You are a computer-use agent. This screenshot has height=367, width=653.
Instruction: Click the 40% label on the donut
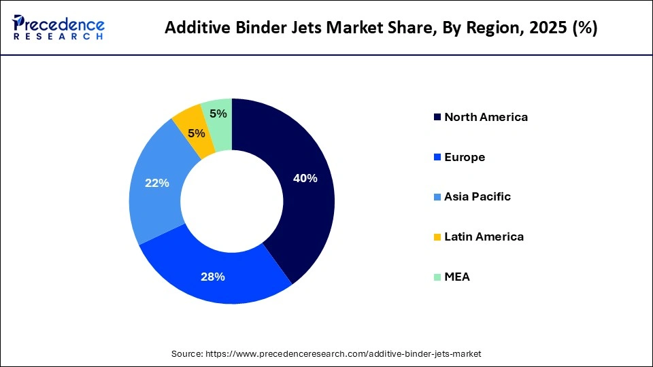click(305, 178)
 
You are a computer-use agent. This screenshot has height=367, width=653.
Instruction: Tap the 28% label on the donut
click(213, 276)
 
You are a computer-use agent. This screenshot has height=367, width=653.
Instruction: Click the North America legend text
click(486, 117)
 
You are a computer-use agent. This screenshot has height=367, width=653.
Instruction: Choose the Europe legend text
click(465, 157)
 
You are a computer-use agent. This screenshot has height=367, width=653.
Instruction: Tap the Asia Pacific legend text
click(478, 196)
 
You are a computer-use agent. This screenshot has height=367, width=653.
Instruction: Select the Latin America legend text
click(484, 237)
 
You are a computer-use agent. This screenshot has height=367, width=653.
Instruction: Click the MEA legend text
click(457, 277)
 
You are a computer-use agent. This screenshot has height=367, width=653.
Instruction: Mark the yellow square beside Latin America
click(436, 237)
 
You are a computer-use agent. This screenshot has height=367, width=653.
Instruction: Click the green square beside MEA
click(436, 277)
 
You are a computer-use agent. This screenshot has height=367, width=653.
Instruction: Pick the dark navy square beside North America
click(436, 118)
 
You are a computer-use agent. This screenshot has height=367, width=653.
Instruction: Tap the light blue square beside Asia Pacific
click(436, 197)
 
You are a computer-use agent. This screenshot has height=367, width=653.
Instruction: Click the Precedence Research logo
click(58, 27)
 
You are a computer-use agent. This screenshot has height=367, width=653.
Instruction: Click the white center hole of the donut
click(232, 201)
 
